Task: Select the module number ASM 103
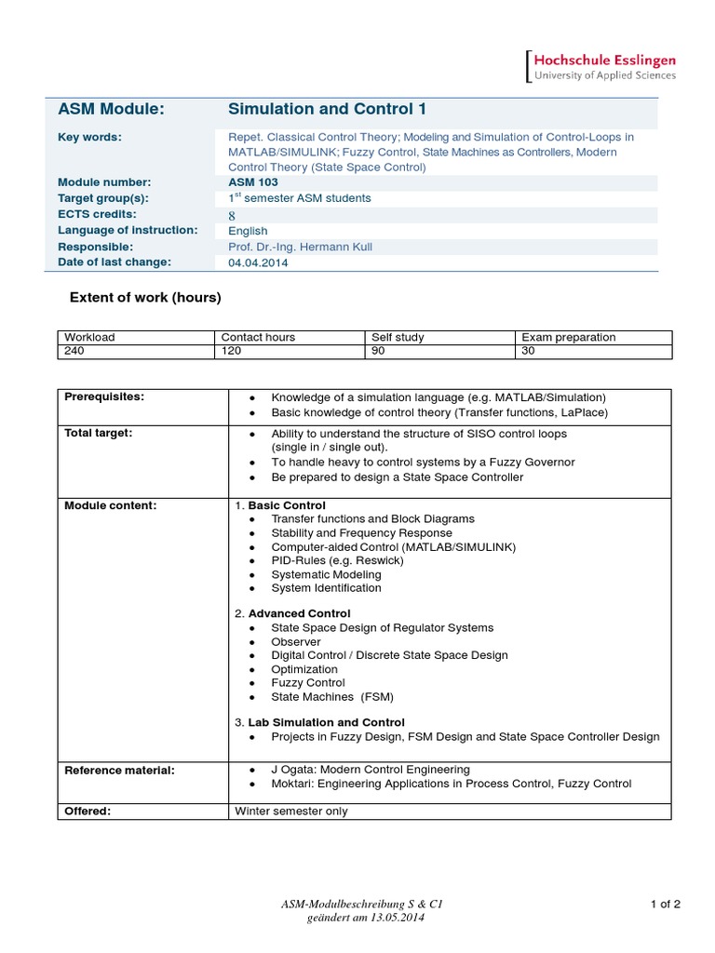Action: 252,182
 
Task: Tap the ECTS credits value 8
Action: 232,214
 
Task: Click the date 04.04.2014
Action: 258,262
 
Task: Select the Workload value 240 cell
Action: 74,352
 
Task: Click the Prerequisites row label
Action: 104,396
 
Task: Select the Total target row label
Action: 99,434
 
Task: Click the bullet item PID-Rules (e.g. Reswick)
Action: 324,561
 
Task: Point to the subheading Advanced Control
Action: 299,613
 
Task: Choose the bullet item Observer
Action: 296,642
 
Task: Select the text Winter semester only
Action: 290,811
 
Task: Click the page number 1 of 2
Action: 666,904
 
